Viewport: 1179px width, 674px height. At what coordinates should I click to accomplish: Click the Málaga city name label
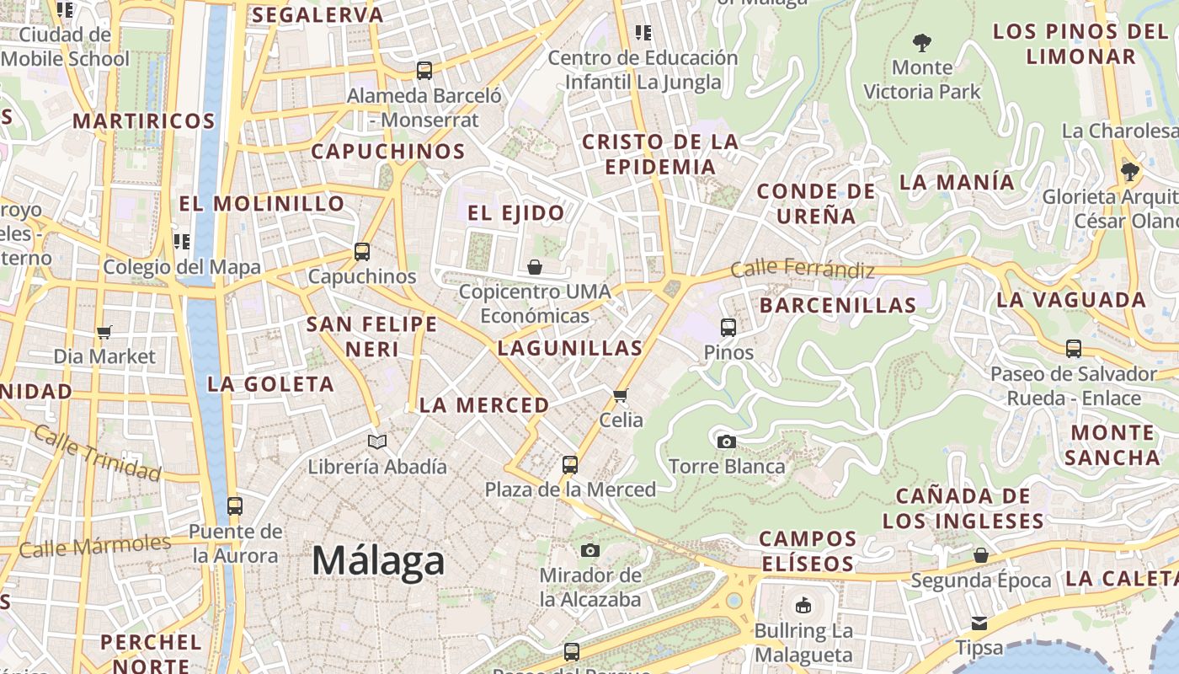pyautogui.click(x=378, y=561)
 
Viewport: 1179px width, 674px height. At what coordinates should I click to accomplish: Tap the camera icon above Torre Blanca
pyautogui.click(x=726, y=441)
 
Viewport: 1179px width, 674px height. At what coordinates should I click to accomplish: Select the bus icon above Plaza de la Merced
pyautogui.click(x=570, y=464)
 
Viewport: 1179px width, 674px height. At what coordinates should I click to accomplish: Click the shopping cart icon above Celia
pyautogui.click(x=621, y=395)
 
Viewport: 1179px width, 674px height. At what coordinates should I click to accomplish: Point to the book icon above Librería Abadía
pyautogui.click(x=377, y=441)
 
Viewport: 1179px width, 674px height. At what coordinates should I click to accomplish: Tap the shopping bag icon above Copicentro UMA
pyautogui.click(x=534, y=268)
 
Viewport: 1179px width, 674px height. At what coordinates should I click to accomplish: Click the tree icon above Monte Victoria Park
pyautogui.click(x=922, y=41)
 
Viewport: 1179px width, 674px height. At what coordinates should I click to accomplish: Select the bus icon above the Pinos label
pyautogui.click(x=728, y=327)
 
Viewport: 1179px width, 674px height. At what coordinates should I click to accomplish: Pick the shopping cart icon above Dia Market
pyautogui.click(x=104, y=332)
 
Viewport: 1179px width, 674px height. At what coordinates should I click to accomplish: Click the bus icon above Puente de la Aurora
pyautogui.click(x=234, y=506)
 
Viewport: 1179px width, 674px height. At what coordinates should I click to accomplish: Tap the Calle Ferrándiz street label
pyautogui.click(x=803, y=270)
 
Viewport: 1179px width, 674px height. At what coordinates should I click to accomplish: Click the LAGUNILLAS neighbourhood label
pyautogui.click(x=570, y=348)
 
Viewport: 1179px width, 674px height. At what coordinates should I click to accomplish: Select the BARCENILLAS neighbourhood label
pyautogui.click(x=838, y=305)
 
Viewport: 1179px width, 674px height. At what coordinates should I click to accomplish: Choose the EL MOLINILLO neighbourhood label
pyautogui.click(x=262, y=204)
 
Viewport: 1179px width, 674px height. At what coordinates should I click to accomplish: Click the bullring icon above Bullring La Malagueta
pyautogui.click(x=803, y=605)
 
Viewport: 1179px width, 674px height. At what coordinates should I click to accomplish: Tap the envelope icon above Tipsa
pyautogui.click(x=979, y=623)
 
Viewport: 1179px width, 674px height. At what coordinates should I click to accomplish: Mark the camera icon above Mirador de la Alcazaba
pyautogui.click(x=590, y=550)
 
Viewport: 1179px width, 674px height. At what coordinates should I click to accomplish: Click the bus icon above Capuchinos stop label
pyautogui.click(x=362, y=252)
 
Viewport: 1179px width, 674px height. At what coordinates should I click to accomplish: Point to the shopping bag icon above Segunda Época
pyautogui.click(x=980, y=555)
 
